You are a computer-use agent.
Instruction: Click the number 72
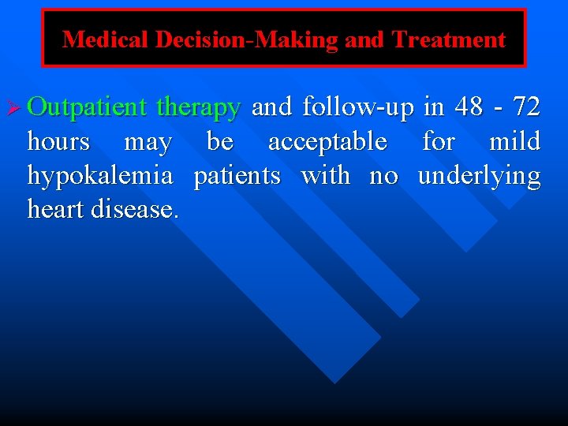(526, 106)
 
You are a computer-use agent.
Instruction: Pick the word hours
(58, 142)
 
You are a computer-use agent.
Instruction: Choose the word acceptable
(327, 142)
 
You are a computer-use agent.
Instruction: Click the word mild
(515, 142)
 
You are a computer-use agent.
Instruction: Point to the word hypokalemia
(99, 177)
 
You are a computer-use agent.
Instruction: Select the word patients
(237, 176)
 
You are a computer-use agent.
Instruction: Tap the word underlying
(479, 177)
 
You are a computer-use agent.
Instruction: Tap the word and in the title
(363, 39)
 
